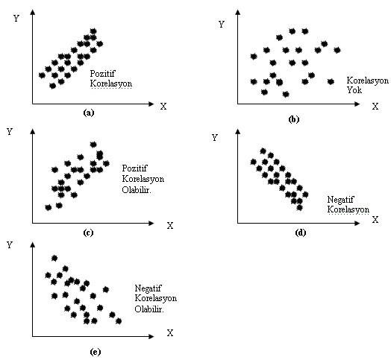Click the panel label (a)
[x=89, y=113]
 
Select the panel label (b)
[x=294, y=119]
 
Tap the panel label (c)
[x=88, y=233]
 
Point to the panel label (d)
[x=300, y=233]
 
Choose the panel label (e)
[x=95, y=352]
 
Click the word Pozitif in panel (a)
[x=103, y=74]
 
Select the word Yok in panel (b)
[x=354, y=89]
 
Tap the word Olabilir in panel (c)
[x=136, y=190]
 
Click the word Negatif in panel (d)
[x=340, y=200]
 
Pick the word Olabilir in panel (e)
[x=149, y=309]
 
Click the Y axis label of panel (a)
[x=16, y=18]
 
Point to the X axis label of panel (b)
[x=375, y=107]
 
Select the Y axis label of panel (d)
[x=215, y=138]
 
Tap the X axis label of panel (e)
[x=170, y=333]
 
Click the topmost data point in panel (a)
[x=93, y=31]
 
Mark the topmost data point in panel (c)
[x=93, y=145]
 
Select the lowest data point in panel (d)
[x=300, y=207]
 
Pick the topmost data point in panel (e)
[x=54, y=258]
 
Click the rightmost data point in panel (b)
[x=337, y=50]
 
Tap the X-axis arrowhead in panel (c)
[x=151, y=223]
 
